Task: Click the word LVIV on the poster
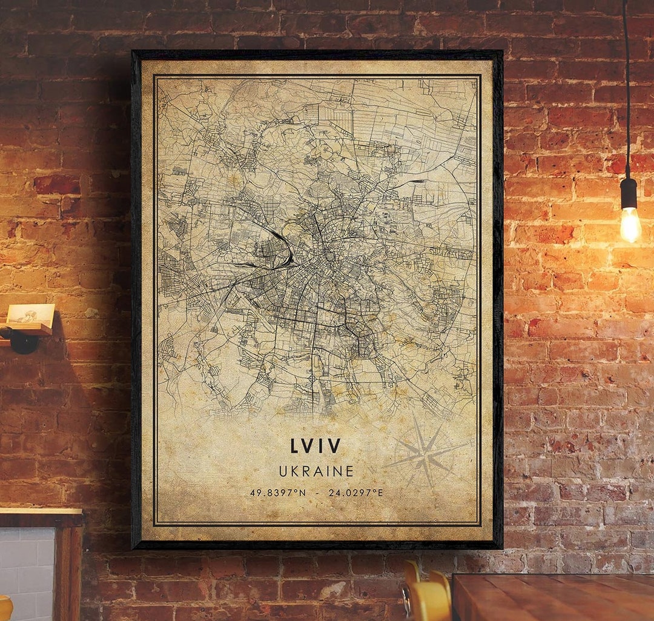pyautogui.click(x=315, y=446)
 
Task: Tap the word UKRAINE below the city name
pyautogui.click(x=316, y=471)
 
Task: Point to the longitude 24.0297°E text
pyautogui.click(x=355, y=493)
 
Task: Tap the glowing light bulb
pyautogui.click(x=630, y=224)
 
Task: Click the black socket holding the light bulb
pyautogui.click(x=629, y=193)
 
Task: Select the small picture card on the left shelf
pyautogui.click(x=30, y=313)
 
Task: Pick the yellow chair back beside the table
pyautogui.click(x=428, y=597)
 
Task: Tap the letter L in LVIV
pyautogui.click(x=295, y=446)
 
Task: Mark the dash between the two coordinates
pyautogui.click(x=317, y=493)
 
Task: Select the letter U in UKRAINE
pyautogui.click(x=283, y=471)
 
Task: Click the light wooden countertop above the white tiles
pyautogui.click(x=39, y=513)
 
